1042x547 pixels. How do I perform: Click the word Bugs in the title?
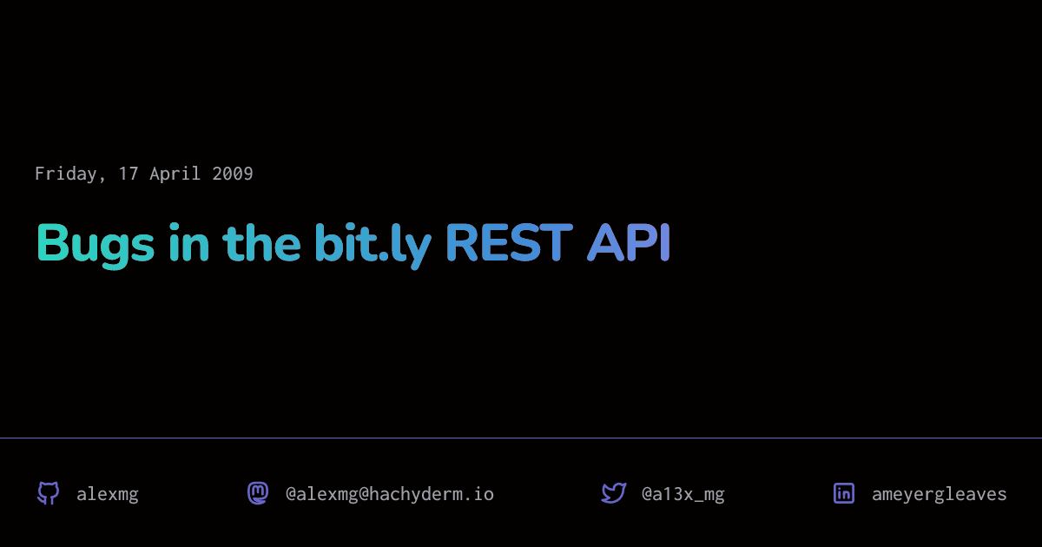tap(96, 244)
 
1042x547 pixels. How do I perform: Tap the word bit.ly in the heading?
tap(373, 244)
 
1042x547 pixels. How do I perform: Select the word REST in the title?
tap(509, 243)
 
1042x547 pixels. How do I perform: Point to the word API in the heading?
tap(629, 243)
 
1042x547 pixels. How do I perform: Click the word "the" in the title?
tap(261, 243)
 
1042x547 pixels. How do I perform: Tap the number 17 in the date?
tap(129, 174)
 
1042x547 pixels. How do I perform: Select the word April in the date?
tap(175, 174)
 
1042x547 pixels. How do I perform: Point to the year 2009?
tap(233, 174)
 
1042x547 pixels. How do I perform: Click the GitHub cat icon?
tap(48, 494)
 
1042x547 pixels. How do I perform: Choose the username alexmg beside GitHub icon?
tap(108, 495)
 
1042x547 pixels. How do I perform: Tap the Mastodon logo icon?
tap(258, 493)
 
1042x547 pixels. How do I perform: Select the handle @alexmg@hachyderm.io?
tap(390, 495)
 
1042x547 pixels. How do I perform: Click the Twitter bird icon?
tap(614, 493)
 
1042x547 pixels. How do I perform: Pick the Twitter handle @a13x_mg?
tap(683, 495)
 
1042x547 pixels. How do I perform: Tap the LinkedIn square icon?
tap(844, 493)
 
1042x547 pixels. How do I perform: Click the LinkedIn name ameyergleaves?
tap(940, 495)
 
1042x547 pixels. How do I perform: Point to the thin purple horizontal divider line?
tap(521, 438)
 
